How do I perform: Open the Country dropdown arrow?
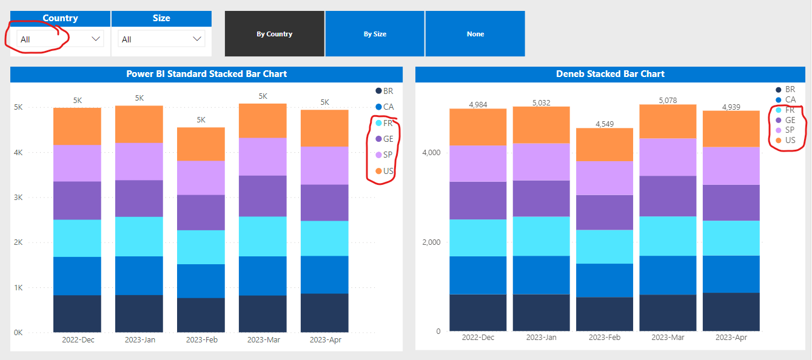tap(95, 39)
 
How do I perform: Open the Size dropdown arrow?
tap(196, 39)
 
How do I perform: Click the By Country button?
tap(274, 34)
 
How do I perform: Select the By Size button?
tap(375, 34)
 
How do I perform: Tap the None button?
tap(475, 34)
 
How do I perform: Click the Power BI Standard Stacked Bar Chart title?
tap(206, 74)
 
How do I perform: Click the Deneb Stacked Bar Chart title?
tap(610, 74)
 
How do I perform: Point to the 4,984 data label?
tap(478, 105)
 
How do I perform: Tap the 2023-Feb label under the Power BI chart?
tap(201, 340)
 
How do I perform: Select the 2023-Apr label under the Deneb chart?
tap(731, 337)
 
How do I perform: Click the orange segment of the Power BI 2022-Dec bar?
tap(77, 126)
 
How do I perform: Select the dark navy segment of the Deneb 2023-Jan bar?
tap(541, 313)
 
